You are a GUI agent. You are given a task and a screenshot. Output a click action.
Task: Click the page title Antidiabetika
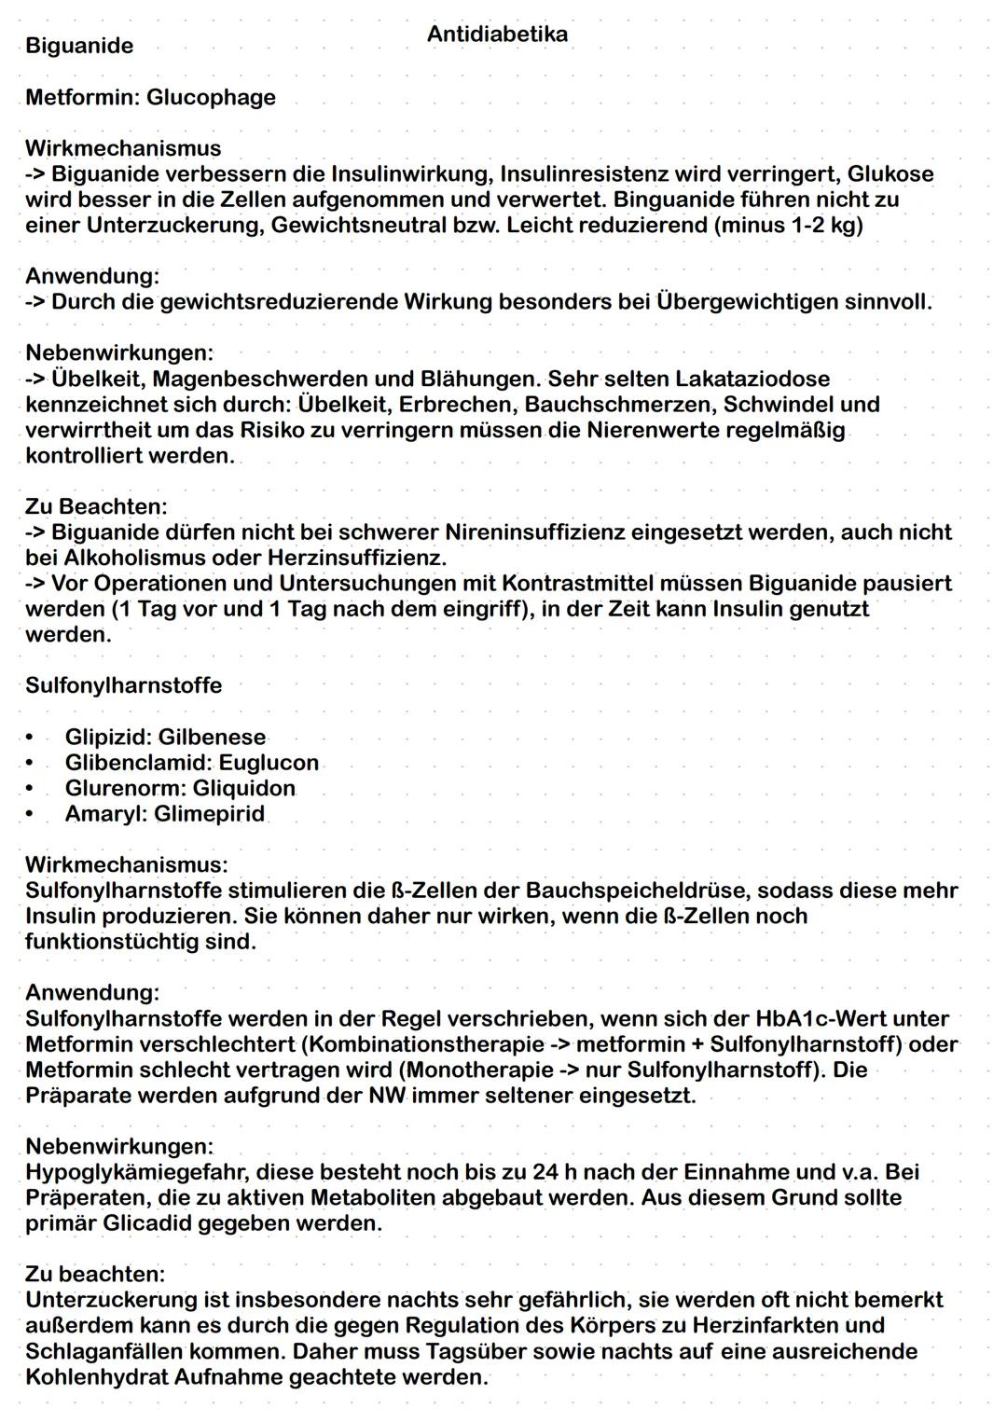(497, 35)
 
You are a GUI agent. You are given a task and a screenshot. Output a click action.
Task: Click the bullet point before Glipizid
(32, 738)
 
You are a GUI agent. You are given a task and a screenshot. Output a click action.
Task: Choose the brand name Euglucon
(269, 763)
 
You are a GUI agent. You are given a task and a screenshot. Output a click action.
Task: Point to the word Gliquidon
(243, 788)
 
